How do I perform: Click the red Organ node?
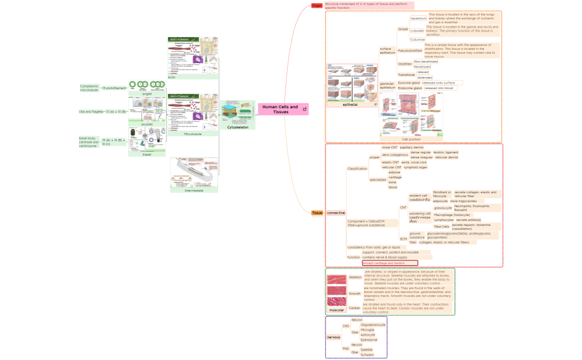click(x=316, y=6)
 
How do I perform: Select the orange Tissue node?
click(x=317, y=213)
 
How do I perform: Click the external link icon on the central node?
click(x=304, y=110)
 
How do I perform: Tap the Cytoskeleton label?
click(x=238, y=127)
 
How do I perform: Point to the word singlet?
click(x=147, y=94)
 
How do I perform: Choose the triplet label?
click(x=147, y=155)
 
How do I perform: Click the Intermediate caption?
click(x=194, y=190)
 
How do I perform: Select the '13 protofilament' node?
click(x=114, y=88)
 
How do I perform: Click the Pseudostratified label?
click(x=410, y=51)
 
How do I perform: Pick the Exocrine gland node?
click(x=409, y=83)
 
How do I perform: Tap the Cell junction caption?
click(x=411, y=139)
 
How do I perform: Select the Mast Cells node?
click(x=441, y=226)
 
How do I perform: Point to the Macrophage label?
click(x=443, y=214)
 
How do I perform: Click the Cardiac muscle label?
click(x=354, y=307)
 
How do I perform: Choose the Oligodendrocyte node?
click(x=372, y=325)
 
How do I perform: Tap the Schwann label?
click(x=367, y=354)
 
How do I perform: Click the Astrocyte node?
click(x=367, y=335)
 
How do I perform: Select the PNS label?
click(x=345, y=348)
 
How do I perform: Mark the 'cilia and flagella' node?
click(x=91, y=111)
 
